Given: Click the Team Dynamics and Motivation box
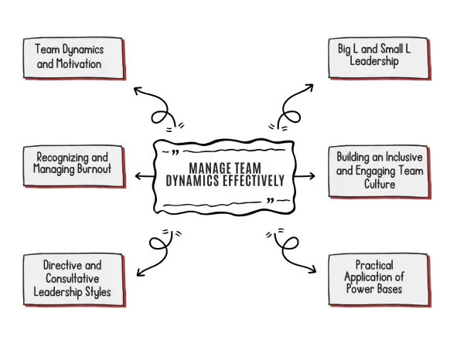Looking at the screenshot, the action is click(x=74, y=58).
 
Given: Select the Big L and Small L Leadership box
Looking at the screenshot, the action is click(x=380, y=58).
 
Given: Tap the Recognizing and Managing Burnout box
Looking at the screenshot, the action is click(x=74, y=167).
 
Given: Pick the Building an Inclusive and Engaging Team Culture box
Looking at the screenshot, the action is click(x=380, y=172).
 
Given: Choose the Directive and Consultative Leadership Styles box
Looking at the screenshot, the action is click(x=74, y=280).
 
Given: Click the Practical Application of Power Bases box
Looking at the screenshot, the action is click(x=380, y=280).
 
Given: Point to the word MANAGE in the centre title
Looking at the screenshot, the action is click(x=210, y=168).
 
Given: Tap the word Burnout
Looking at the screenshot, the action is click(x=94, y=168).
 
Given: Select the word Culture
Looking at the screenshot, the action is click(x=380, y=184).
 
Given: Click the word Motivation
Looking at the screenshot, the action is click(x=79, y=63).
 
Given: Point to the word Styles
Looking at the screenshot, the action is click(x=98, y=292).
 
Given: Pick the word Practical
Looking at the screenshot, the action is click(x=374, y=265).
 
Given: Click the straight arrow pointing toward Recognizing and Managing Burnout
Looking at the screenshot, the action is click(x=145, y=176).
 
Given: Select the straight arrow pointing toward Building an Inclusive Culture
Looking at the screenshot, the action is click(x=304, y=176).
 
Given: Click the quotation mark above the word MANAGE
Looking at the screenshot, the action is click(x=175, y=152).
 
